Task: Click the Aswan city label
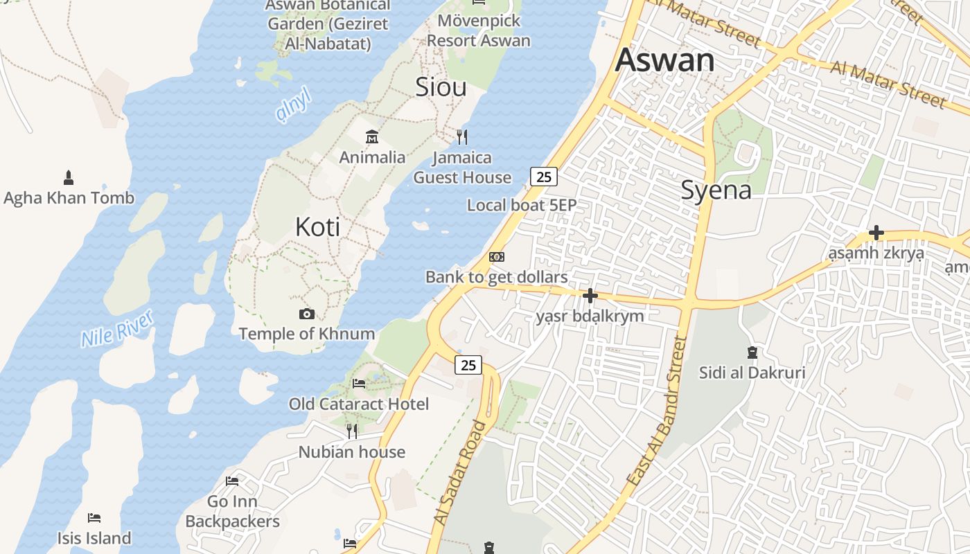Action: point(664,60)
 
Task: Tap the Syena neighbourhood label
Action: point(716,189)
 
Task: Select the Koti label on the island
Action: point(317,226)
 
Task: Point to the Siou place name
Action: point(441,87)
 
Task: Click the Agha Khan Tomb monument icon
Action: point(69,177)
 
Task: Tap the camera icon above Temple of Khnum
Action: point(306,314)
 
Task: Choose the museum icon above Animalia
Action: point(372,136)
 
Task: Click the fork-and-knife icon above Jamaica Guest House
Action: point(462,137)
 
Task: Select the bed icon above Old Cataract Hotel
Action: point(359,383)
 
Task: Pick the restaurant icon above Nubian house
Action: point(352,431)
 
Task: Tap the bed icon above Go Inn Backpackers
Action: point(232,481)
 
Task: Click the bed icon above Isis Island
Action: point(94,518)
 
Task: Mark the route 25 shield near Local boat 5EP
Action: point(544,177)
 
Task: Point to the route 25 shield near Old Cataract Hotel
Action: point(468,364)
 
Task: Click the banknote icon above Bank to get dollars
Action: point(497,257)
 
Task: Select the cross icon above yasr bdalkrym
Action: point(590,296)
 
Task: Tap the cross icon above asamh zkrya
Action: point(876,233)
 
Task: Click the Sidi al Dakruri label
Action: point(752,373)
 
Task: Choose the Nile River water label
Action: point(116,329)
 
